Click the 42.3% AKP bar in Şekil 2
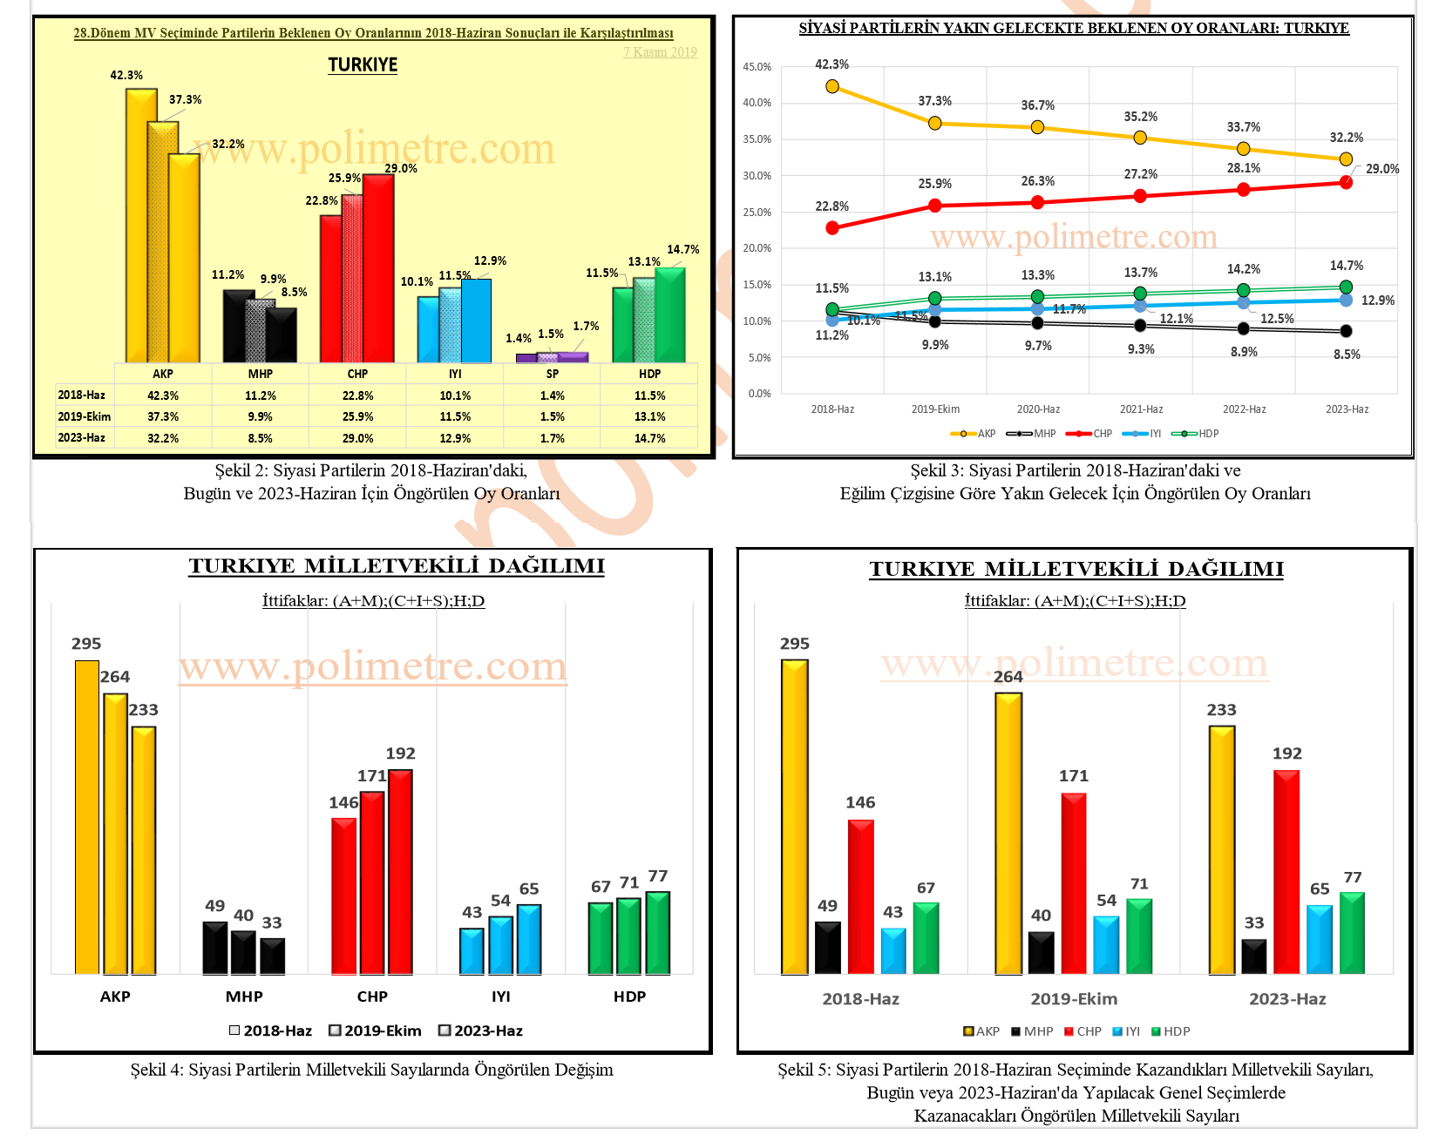(x=141, y=226)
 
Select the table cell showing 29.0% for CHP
(x=357, y=438)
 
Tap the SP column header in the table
(x=552, y=374)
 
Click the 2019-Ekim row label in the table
(x=84, y=416)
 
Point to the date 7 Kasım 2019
(x=660, y=52)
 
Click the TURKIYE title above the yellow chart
(x=363, y=65)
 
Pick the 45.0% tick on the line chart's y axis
(x=757, y=67)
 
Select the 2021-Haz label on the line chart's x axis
(x=1141, y=409)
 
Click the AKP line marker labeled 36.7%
(x=1037, y=127)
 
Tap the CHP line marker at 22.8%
(x=832, y=228)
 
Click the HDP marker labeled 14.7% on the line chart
(x=1346, y=287)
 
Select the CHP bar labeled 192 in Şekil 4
(x=400, y=871)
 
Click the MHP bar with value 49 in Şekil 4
(x=215, y=948)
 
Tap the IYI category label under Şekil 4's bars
(x=500, y=997)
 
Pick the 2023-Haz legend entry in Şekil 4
(x=481, y=1031)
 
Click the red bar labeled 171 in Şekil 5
(x=1074, y=883)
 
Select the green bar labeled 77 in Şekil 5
(x=1352, y=932)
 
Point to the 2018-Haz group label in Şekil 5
(x=860, y=999)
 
